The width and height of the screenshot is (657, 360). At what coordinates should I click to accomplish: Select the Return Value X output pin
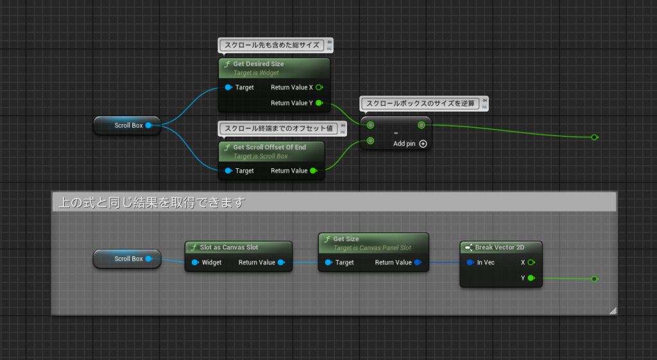[x=319, y=87]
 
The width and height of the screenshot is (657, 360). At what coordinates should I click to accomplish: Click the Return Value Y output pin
[x=319, y=103]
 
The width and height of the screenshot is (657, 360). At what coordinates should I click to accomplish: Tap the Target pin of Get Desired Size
[x=229, y=87]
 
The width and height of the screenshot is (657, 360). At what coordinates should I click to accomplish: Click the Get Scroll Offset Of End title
[x=269, y=147]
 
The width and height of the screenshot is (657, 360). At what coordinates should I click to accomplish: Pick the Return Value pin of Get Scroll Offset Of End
[x=313, y=171]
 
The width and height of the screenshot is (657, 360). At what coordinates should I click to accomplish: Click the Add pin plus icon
[x=423, y=144]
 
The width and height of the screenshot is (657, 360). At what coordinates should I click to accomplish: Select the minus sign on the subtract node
[x=395, y=133]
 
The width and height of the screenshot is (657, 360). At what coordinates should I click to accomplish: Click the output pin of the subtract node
[x=421, y=125]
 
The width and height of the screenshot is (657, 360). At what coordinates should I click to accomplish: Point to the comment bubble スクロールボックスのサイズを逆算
[x=421, y=103]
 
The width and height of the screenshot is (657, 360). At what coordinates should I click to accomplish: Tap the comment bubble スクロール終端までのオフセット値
[x=278, y=128]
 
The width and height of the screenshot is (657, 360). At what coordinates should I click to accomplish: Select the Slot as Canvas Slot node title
[x=230, y=247]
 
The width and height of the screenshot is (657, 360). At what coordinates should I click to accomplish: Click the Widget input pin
[x=194, y=262]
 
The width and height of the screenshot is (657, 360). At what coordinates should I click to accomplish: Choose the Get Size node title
[x=346, y=239]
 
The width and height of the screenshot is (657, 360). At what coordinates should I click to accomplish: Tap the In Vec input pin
[x=470, y=262]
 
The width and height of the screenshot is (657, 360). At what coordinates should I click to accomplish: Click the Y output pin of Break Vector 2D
[x=531, y=278]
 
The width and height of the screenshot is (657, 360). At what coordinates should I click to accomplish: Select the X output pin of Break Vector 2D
[x=531, y=262]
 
